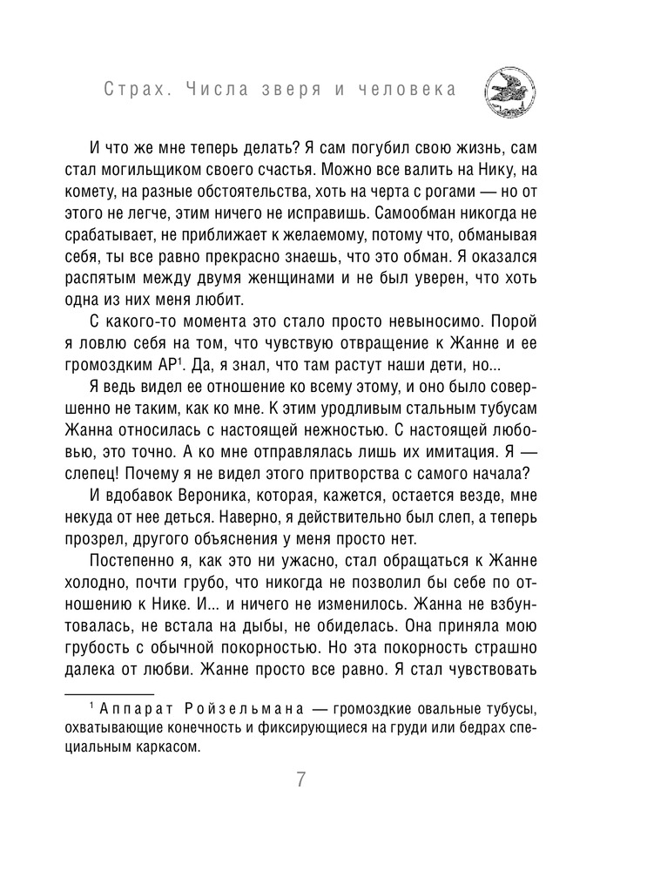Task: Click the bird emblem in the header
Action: (510, 90)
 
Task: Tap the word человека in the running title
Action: (418, 91)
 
